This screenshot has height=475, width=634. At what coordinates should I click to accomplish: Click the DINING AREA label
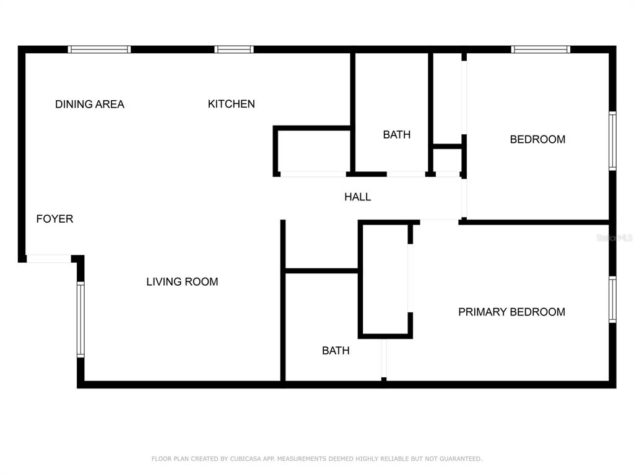click(x=90, y=104)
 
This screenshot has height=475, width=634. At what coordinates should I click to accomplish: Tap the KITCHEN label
click(x=232, y=104)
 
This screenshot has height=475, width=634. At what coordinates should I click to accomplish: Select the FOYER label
click(x=54, y=219)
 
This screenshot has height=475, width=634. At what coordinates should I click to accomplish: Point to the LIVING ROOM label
click(x=182, y=281)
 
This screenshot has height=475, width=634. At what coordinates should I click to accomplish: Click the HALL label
click(x=357, y=197)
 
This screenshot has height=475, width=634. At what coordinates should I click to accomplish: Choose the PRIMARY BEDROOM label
click(x=511, y=312)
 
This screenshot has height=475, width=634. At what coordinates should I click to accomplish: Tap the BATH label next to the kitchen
click(x=397, y=134)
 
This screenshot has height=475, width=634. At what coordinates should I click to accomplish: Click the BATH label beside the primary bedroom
click(x=336, y=351)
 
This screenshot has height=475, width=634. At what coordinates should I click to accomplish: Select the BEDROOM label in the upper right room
click(x=537, y=139)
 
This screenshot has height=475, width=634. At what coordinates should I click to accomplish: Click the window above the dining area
click(x=99, y=49)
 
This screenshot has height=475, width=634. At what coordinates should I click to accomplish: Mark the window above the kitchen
click(x=233, y=49)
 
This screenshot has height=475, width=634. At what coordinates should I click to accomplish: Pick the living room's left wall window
click(x=81, y=320)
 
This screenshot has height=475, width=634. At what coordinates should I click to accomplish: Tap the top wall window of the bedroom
click(x=541, y=49)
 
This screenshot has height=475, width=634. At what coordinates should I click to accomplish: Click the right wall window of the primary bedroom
click(x=612, y=299)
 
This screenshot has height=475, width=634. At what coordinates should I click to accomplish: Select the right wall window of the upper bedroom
click(x=612, y=141)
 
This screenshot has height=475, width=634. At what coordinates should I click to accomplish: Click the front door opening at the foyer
click(x=49, y=259)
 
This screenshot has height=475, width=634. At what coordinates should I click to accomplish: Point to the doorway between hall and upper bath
click(x=406, y=174)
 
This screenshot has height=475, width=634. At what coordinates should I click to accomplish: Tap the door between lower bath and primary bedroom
click(x=384, y=359)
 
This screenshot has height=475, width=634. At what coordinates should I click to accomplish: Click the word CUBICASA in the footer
click(x=246, y=459)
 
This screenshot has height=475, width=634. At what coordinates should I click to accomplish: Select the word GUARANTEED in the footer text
click(x=461, y=459)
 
